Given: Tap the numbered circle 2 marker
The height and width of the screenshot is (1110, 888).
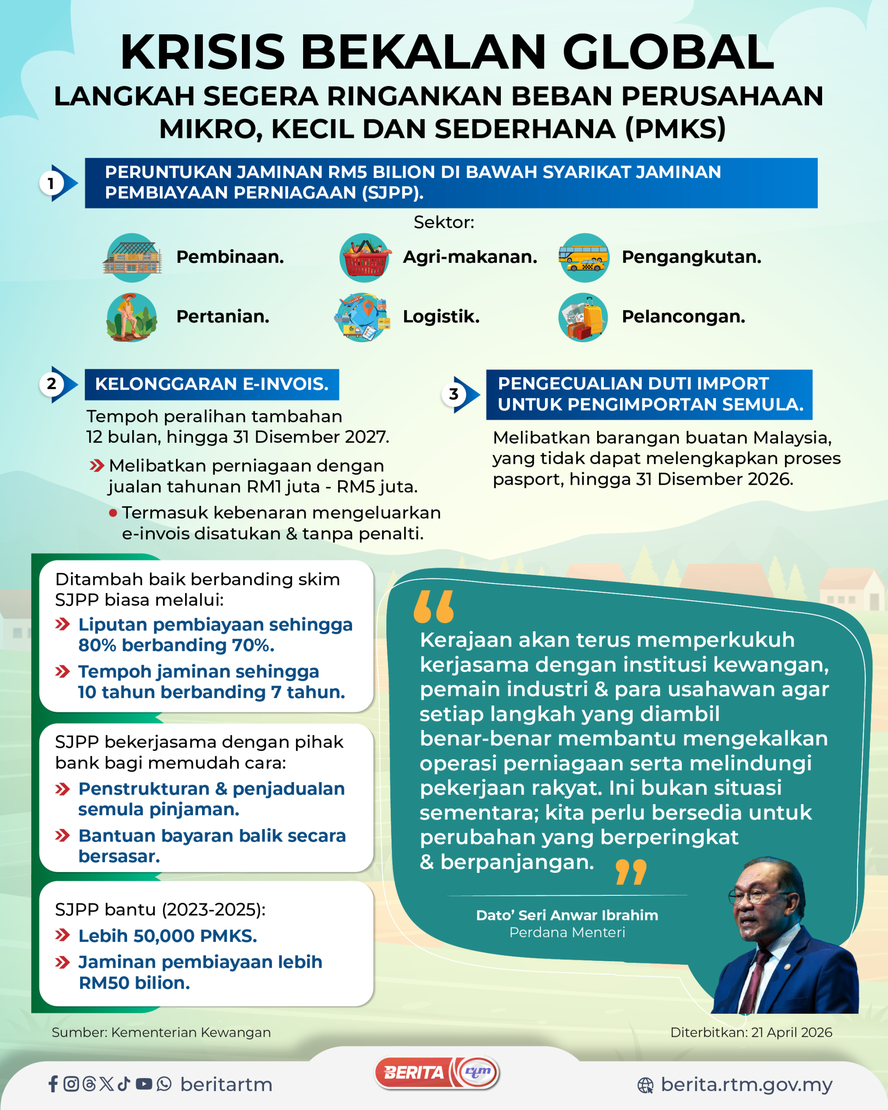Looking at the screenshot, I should point(52,384).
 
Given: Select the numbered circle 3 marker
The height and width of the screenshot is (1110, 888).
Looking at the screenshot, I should point(454,395).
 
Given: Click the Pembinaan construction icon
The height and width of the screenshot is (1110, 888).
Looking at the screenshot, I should point(133,258).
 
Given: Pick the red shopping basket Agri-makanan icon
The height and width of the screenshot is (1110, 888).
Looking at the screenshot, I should point(365,258).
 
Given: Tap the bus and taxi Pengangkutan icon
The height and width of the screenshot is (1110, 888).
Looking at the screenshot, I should point(584,258).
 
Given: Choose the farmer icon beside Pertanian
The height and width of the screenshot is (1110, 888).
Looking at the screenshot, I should point(132,317).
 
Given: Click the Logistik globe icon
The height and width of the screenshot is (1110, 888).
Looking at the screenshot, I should point(362,317).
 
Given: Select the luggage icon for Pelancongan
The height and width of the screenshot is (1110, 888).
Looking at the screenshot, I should point(583,317).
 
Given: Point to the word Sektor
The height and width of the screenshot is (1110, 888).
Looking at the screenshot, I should point(444,222).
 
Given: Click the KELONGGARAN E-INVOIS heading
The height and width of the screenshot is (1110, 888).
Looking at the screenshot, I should point(212,384).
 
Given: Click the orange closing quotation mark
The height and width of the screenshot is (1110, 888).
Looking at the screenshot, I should point(630,872).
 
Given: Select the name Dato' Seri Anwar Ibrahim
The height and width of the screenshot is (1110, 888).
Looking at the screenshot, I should point(567,915).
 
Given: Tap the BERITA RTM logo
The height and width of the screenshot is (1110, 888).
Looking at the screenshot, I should point(437,1073).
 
